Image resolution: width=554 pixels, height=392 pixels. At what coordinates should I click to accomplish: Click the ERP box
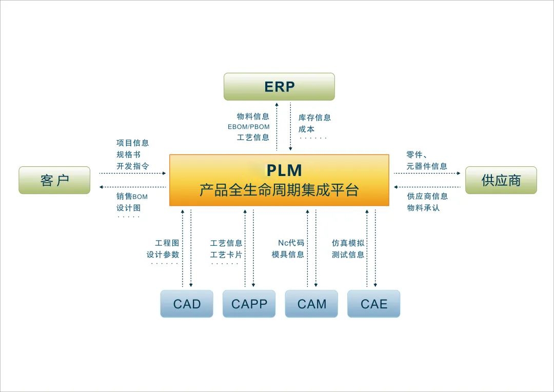[x=279, y=87]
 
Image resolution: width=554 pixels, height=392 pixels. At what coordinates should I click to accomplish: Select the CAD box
[x=187, y=304]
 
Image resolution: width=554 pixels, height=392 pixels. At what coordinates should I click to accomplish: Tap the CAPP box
[x=249, y=304]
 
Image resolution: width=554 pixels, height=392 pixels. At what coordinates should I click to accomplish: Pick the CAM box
[x=311, y=304]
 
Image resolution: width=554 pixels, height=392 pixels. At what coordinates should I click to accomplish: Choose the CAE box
[x=373, y=304]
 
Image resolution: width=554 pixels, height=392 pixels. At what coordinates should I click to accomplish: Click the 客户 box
[x=54, y=180]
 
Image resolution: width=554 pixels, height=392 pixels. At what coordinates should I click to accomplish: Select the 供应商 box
[x=501, y=180]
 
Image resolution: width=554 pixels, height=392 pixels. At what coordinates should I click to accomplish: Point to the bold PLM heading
[x=284, y=170]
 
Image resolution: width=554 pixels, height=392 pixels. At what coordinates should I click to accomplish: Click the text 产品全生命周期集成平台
[x=279, y=190]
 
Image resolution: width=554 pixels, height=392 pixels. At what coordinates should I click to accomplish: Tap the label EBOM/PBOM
[x=249, y=127]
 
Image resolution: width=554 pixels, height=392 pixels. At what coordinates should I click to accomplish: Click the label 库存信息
[x=314, y=117]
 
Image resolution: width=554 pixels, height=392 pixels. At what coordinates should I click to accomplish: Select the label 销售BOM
[x=132, y=197]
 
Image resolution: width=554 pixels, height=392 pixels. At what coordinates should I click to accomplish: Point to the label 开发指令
[x=132, y=166]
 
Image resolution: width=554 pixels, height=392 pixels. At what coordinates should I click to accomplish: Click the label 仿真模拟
[x=348, y=243]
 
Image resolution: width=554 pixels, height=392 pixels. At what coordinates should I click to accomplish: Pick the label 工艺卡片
[x=226, y=254]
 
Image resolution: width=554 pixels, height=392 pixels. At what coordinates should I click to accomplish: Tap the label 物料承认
[x=423, y=208]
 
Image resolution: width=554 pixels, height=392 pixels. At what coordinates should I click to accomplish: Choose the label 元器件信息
[x=427, y=166]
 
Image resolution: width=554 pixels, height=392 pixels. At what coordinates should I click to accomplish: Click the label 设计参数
[x=163, y=254]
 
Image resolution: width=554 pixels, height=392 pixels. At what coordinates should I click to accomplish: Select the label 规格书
[x=128, y=154]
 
